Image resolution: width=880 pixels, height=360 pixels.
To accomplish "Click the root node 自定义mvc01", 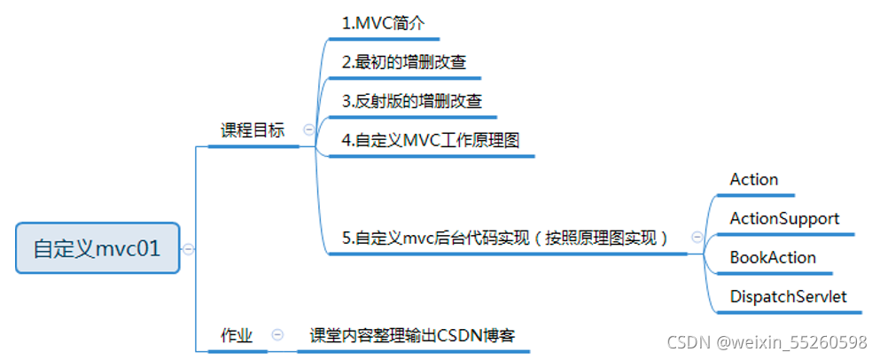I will coord(97,248).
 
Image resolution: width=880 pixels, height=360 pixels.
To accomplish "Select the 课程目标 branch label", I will coord(253,130).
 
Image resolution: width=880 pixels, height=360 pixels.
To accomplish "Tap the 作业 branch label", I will coord(237,335).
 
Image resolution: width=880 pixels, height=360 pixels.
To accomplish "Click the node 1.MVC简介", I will coord(384,24).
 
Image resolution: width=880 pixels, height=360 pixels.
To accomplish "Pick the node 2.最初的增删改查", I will coord(404,62).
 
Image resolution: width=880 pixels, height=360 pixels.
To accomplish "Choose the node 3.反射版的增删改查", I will coord(412,101).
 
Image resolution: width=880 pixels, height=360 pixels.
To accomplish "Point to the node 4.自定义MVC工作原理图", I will coord(431,140).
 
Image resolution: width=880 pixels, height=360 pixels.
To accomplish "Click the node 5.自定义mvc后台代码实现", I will coord(504,238).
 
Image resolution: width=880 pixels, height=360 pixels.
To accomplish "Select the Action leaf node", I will coord(754,179).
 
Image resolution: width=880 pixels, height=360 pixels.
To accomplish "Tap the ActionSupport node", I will coord(784,218).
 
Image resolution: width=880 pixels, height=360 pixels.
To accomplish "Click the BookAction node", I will coord(773,257).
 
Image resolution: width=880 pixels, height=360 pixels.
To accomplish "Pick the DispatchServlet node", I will coord(788,296).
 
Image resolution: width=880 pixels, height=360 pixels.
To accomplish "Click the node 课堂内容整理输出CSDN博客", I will coord(413,335).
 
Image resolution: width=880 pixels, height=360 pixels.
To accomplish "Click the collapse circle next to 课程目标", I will coord(308,129).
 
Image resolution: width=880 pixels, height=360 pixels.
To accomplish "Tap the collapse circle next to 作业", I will coord(277,335).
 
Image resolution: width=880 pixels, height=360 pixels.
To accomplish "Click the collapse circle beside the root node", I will coord(188,249).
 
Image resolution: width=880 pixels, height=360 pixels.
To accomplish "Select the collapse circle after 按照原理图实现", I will coord(697,237).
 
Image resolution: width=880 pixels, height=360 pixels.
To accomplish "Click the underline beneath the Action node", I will coord(759,194).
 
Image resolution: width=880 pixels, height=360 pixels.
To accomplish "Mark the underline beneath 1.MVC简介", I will coord(383,39).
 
